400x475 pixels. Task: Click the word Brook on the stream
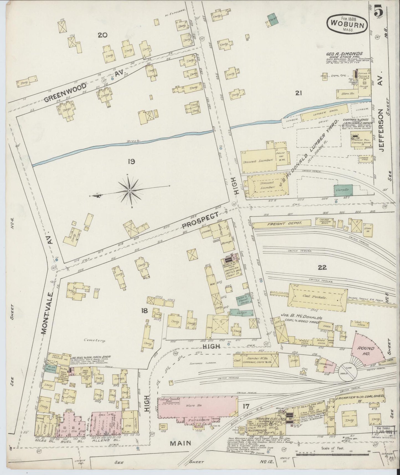(x=134, y=141)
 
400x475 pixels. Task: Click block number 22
(x=322, y=267)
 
